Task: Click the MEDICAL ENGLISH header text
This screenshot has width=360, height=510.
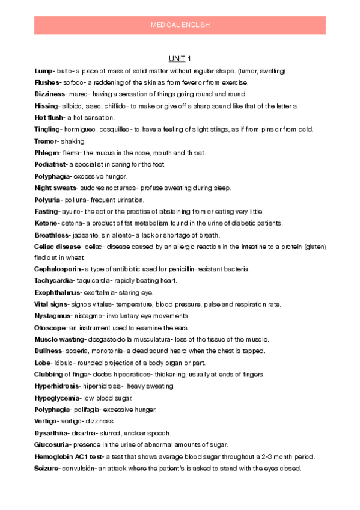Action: pyautogui.click(x=180, y=25)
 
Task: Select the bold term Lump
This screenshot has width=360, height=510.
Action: pyautogui.click(x=43, y=70)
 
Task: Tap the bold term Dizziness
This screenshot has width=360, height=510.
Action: pyautogui.click(x=51, y=94)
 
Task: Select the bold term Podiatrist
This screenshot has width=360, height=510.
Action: pyautogui.click(x=50, y=164)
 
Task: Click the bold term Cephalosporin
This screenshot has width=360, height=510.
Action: pyautogui.click(x=58, y=269)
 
